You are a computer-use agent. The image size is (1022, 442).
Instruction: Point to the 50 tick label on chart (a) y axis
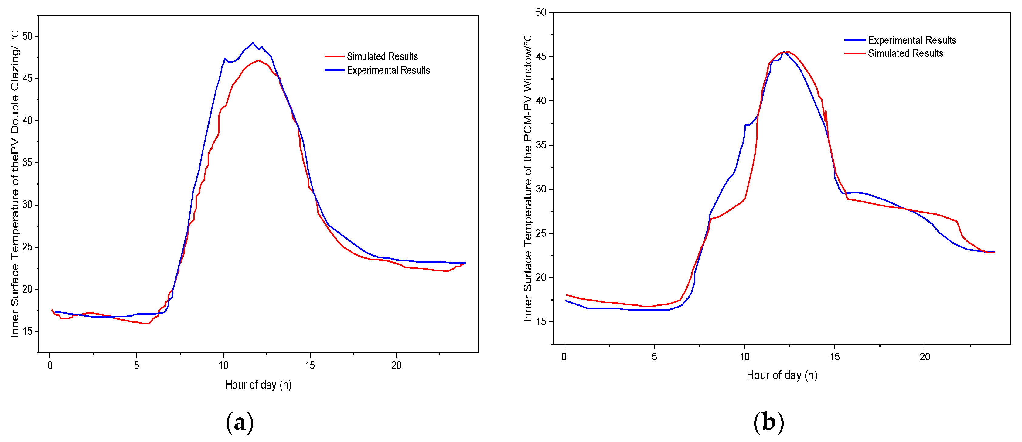pos(27,36)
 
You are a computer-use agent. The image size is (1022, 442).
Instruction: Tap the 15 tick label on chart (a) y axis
pos(27,332)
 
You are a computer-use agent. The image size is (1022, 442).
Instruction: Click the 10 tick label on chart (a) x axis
pos(223,365)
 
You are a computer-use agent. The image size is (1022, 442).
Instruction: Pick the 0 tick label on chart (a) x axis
pos(50,365)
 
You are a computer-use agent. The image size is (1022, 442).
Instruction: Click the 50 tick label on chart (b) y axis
pos(541,12)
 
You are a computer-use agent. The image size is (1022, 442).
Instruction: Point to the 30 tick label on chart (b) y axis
pos(541,189)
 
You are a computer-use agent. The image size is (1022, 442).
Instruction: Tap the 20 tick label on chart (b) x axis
pos(925,357)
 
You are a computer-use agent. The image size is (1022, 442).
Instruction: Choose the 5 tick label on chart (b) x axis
pos(654,357)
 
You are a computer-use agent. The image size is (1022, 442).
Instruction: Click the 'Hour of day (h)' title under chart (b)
pos(782,375)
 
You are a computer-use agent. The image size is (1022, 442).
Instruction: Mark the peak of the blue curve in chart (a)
pos(253,42)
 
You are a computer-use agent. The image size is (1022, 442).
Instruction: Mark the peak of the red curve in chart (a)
pos(259,60)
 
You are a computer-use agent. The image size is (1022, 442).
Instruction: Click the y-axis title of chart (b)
pos(528,178)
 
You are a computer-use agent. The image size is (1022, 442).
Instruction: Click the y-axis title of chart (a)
pos(15,185)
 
